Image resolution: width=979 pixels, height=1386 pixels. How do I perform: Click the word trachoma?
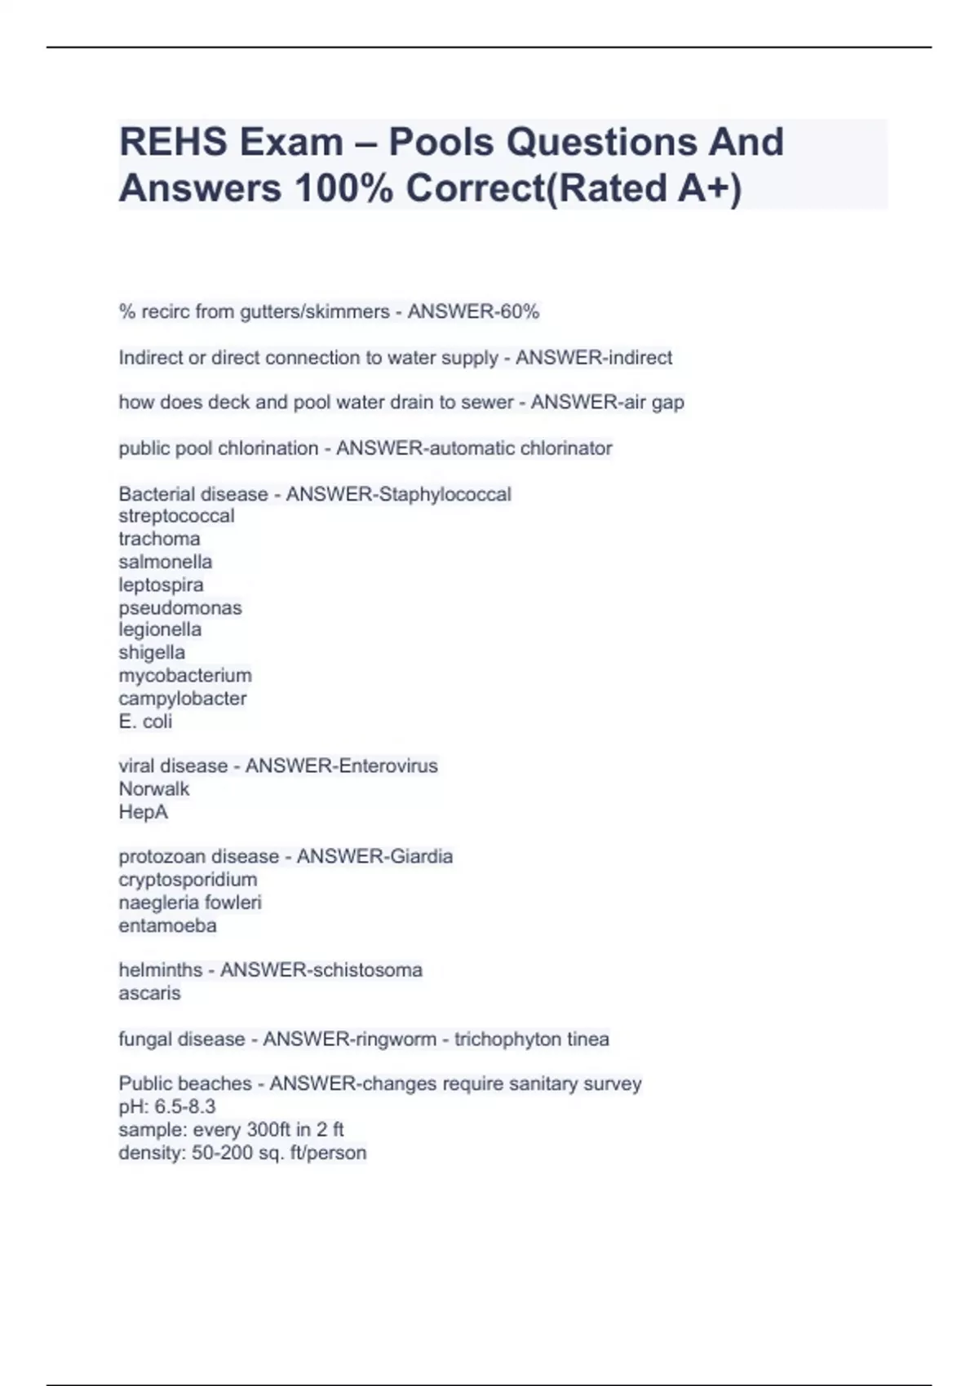pos(159,539)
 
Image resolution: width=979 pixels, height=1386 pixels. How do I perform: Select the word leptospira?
pos(161,585)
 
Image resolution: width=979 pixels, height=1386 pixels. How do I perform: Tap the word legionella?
pos(160,629)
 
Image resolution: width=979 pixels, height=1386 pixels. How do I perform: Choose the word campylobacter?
pos(182,698)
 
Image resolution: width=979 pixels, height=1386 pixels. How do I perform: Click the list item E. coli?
pos(145,721)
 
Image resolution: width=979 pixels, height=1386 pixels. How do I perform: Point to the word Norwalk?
pos(153,788)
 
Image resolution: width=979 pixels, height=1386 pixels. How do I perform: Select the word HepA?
pos(143,812)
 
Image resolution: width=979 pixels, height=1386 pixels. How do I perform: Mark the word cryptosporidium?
pos(188,880)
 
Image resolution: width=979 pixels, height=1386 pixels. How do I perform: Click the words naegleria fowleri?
pos(190,903)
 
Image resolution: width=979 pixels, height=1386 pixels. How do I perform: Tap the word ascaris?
pos(149,993)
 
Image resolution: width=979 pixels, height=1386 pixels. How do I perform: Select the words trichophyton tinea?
pos(531,1039)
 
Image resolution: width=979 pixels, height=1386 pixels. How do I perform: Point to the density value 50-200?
pos(222,1153)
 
